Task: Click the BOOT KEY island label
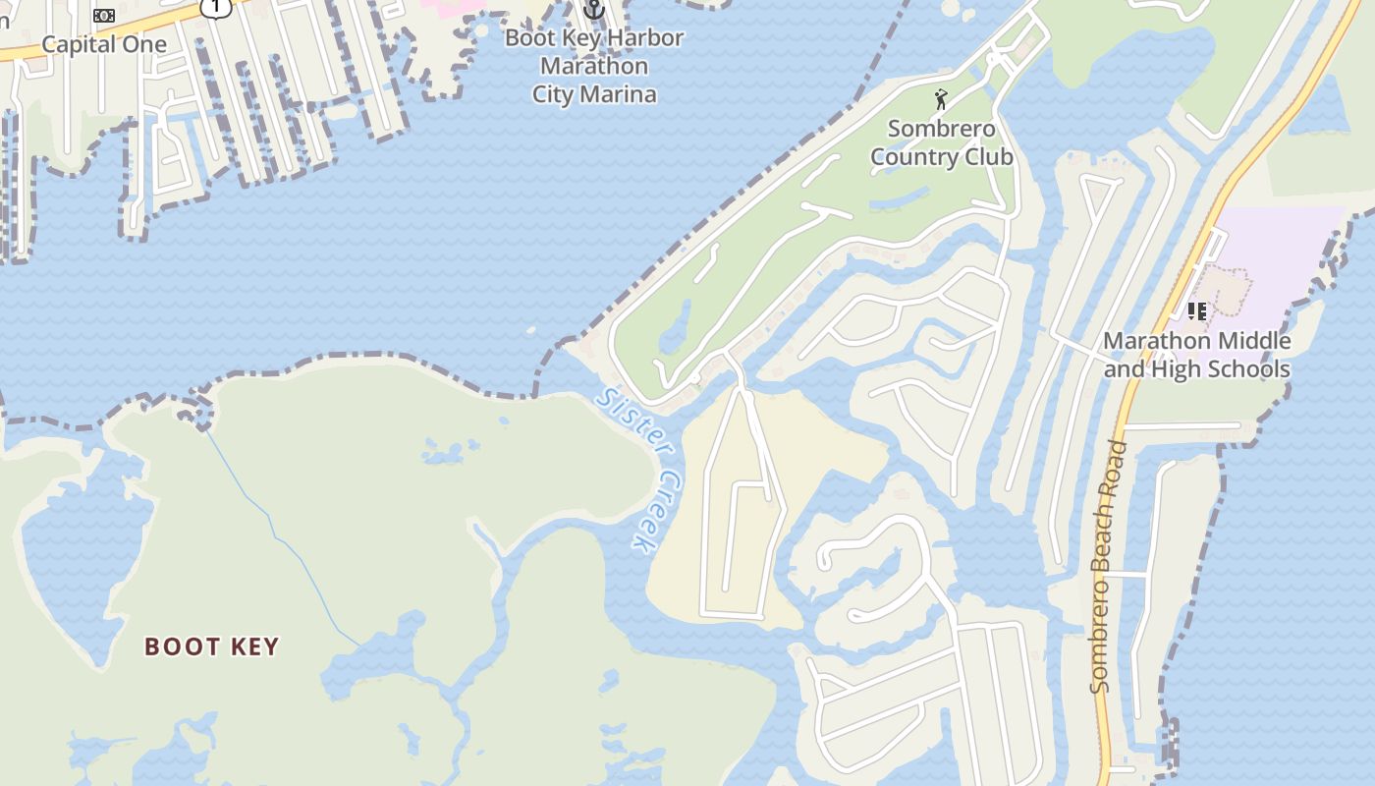(212, 646)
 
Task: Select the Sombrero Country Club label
(942, 142)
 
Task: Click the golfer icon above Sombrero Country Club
(941, 99)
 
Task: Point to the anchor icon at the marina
(593, 10)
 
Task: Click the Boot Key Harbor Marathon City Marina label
(594, 67)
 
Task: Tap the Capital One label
(104, 44)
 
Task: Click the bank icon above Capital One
(103, 15)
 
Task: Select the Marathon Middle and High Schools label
(1196, 355)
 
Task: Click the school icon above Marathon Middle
(1196, 311)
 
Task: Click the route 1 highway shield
(215, 7)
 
